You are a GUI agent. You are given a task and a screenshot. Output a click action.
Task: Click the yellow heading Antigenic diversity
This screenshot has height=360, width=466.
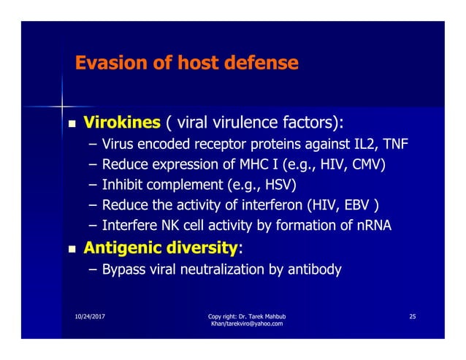(x=161, y=248)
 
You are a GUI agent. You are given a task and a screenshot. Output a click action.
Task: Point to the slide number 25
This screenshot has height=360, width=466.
(x=413, y=316)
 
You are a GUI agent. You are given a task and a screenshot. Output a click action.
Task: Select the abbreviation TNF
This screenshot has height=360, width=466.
(x=394, y=142)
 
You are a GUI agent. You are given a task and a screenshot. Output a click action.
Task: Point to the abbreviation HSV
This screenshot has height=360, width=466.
(x=273, y=184)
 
